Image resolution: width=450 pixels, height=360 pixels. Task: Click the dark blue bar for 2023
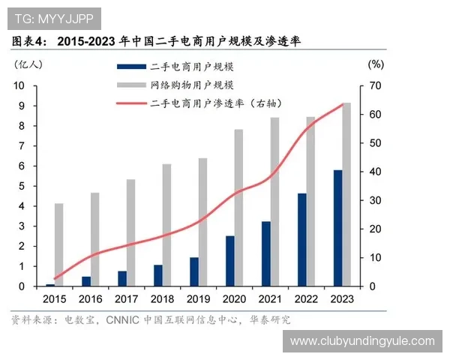point(337,228)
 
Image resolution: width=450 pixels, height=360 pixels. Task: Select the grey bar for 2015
point(58,244)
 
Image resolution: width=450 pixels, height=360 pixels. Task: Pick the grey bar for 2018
point(166,225)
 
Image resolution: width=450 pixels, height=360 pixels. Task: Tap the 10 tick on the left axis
point(20,85)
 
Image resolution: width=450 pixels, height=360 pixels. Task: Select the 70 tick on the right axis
point(374,85)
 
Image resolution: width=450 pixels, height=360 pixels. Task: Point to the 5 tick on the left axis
point(22,186)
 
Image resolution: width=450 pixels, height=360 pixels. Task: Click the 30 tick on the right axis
point(374,200)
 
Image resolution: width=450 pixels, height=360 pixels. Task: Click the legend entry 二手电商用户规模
point(187,67)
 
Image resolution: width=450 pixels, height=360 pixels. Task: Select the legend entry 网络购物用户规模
point(187,85)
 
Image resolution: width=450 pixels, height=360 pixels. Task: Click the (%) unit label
point(376,64)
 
